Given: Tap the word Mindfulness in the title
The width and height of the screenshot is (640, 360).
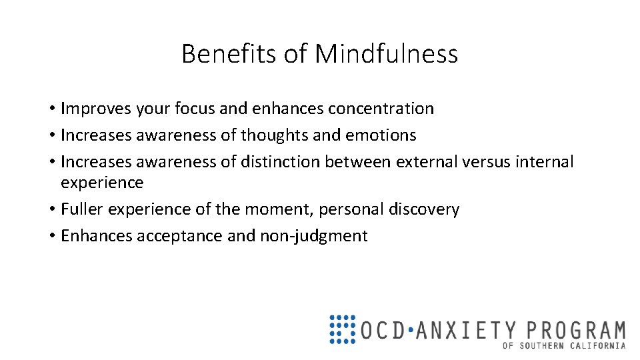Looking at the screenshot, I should point(387,54).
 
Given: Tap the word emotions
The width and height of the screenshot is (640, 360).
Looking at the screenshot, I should point(381,135).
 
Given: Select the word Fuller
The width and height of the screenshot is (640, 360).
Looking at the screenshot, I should point(82,209).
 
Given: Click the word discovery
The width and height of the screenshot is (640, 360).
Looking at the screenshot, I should point(427,209).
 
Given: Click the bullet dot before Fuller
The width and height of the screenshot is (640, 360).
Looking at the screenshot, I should point(51,210).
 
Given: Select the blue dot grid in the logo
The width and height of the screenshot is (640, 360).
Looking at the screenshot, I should point(343,329).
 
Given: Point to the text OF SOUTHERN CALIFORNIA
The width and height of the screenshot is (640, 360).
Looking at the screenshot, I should point(564,345).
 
